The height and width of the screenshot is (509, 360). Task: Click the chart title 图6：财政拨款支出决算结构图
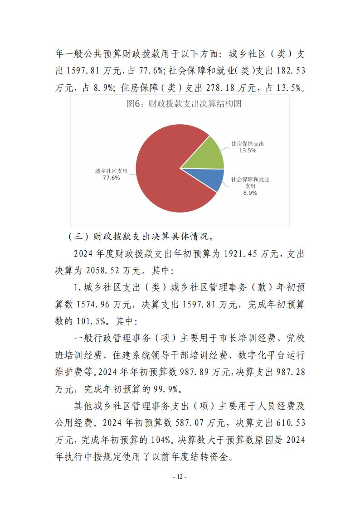(x=183, y=104)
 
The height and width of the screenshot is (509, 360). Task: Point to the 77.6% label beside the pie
(x=112, y=178)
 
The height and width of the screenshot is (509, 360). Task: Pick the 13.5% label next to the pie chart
(x=248, y=150)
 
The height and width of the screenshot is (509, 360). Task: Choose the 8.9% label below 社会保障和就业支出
(x=250, y=193)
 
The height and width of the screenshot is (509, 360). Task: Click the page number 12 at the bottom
(x=180, y=476)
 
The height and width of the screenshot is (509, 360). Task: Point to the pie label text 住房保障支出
(x=248, y=144)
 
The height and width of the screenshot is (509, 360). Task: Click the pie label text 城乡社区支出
(x=112, y=171)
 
